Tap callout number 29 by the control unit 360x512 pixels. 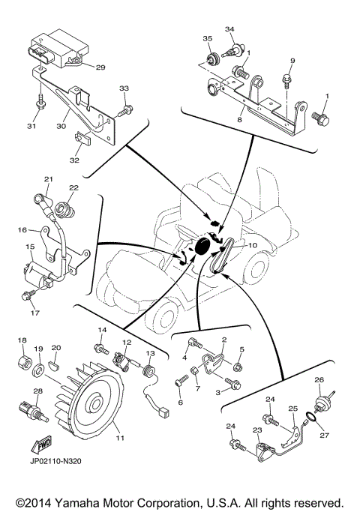(100, 67)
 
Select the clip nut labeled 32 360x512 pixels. (81, 138)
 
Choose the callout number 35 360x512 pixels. (207, 37)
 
